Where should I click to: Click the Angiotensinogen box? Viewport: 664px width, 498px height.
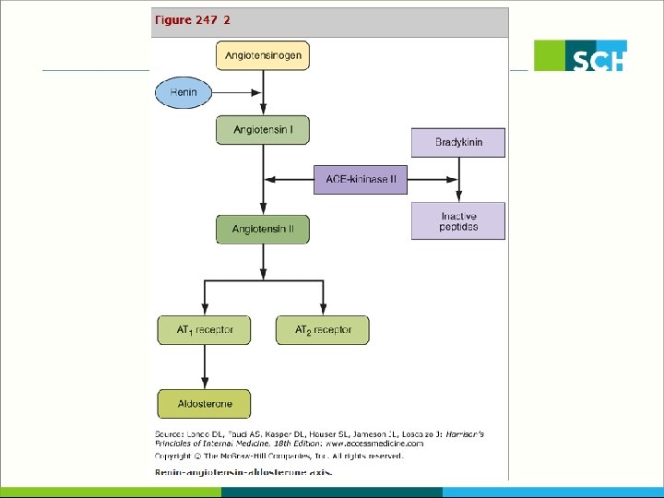click(263, 55)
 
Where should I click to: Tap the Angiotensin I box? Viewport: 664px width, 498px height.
click(263, 130)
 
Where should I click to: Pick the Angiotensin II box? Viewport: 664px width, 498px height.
click(263, 229)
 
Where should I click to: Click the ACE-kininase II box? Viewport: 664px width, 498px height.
click(361, 179)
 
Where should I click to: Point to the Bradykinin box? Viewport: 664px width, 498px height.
click(458, 142)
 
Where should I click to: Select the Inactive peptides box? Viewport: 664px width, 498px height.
click(458, 221)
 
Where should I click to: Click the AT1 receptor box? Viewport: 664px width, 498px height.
click(204, 329)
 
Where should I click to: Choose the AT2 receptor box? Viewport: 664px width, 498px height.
click(321, 329)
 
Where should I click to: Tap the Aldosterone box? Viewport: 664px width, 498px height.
click(204, 403)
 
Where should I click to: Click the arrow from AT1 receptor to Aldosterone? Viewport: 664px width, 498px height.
click(205, 367)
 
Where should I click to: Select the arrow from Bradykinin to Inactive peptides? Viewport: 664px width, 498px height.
click(458, 180)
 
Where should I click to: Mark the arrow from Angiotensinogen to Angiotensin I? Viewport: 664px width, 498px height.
click(264, 92)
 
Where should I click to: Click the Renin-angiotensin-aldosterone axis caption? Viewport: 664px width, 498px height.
click(242, 472)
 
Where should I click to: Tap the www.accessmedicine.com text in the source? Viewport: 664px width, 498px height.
click(378, 443)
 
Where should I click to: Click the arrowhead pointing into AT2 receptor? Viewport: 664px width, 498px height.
click(322, 310)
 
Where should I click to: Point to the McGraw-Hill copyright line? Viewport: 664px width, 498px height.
click(279, 456)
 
